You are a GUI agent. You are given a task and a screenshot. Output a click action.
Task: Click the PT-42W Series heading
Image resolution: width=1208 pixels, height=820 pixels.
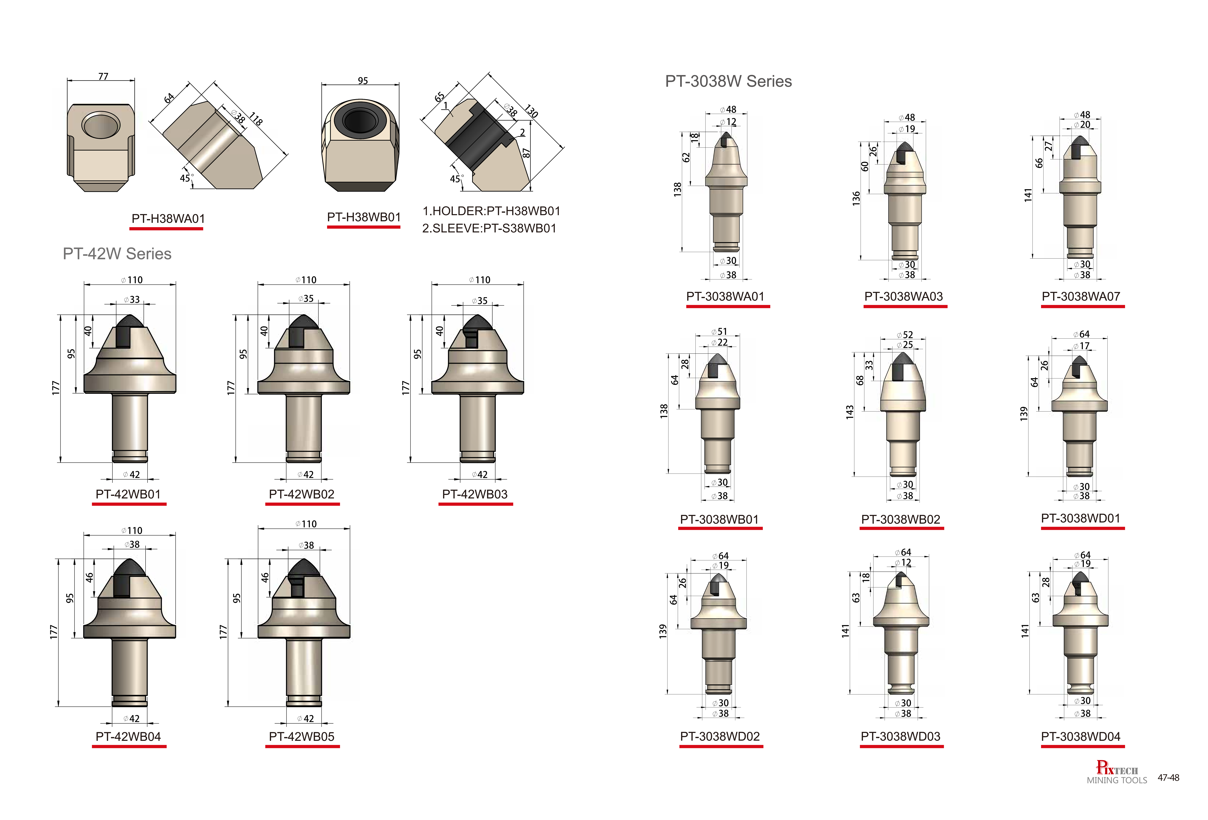pos(117,254)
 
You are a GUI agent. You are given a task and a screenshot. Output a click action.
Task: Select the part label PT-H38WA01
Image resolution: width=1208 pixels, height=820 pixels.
pos(168,218)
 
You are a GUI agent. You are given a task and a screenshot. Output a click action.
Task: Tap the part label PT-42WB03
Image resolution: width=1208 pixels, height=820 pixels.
pos(475,494)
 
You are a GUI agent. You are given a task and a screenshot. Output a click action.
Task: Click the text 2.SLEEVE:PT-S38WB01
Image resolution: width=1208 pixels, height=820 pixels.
pos(489,228)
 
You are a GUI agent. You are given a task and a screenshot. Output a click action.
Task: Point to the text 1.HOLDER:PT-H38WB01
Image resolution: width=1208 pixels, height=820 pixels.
pos(491,211)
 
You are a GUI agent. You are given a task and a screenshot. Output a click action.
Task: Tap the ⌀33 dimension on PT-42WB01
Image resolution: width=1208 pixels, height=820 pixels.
pos(132,299)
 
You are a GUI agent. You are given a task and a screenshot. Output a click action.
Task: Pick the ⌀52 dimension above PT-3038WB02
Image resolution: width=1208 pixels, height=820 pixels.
pos(905,335)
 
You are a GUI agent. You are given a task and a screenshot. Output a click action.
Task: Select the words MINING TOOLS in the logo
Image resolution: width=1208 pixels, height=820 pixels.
pos(1117,780)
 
